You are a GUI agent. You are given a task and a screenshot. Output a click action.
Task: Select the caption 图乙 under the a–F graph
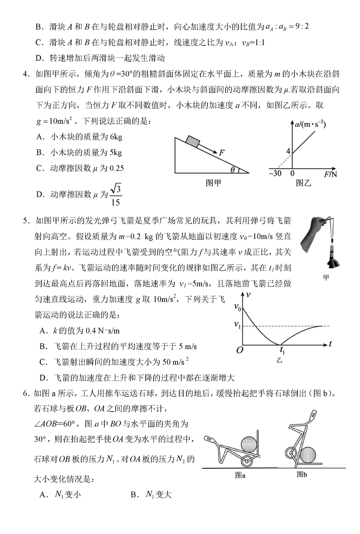[303, 183]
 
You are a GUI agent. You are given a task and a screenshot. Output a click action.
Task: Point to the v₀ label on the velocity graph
[238, 307]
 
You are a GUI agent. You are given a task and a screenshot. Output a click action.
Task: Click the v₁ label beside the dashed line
[238, 325]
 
